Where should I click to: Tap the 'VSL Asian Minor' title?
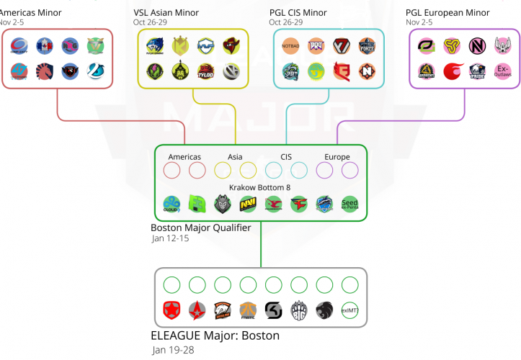[x=166, y=13]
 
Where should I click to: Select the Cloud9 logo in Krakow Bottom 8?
[x=172, y=204]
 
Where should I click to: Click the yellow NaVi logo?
[x=248, y=204]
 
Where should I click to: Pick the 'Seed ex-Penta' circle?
[x=349, y=204]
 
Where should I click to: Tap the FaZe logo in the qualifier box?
[x=299, y=204]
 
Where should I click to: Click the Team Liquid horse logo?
[x=45, y=71]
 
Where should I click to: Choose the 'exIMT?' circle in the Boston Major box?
[x=350, y=310]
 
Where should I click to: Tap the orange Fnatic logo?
[x=248, y=310]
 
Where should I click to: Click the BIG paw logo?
[x=299, y=310]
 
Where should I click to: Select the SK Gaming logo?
[x=274, y=310]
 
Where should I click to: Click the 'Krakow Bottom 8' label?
[x=260, y=186]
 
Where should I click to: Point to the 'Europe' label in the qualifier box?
[x=337, y=156]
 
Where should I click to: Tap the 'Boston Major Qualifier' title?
[x=200, y=228]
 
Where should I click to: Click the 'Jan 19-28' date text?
[x=173, y=350]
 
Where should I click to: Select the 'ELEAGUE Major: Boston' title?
[x=215, y=336]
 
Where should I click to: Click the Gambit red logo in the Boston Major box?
[x=172, y=310]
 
